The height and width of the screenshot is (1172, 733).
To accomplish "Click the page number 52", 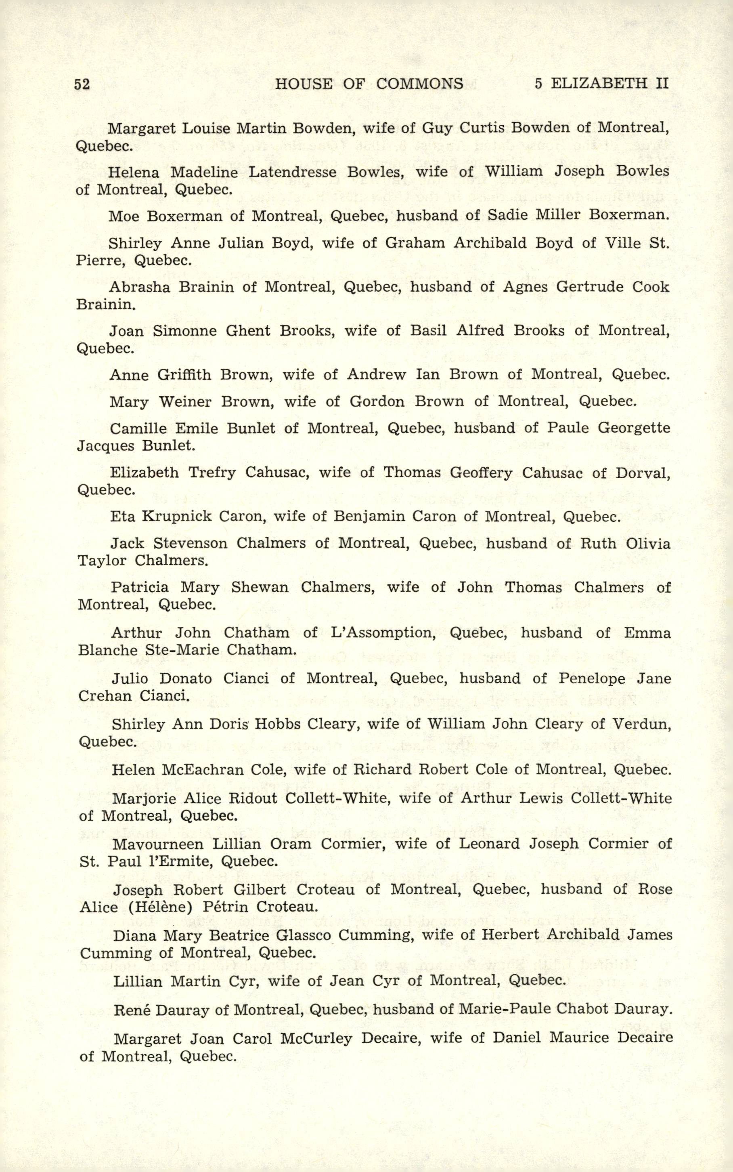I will (x=82, y=84).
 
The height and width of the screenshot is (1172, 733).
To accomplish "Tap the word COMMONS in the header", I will (x=419, y=84).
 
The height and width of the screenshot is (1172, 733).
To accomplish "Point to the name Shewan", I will (x=260, y=587).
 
